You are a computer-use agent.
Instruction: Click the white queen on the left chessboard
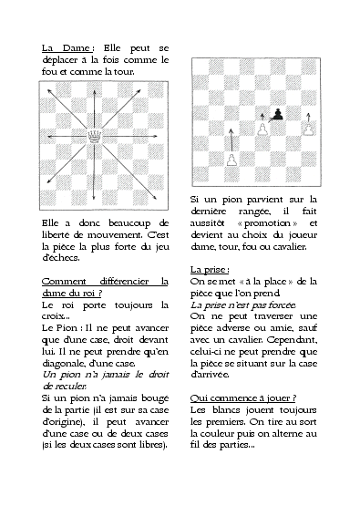(x=95, y=137)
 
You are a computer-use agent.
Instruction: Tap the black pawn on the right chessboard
(x=278, y=114)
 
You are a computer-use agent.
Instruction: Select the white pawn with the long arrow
(x=231, y=160)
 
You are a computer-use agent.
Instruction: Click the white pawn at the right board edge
(x=309, y=129)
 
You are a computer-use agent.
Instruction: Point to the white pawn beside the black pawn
(x=262, y=129)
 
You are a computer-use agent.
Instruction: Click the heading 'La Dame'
(x=67, y=48)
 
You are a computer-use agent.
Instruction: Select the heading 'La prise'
(x=209, y=270)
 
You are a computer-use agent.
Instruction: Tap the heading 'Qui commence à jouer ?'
(x=243, y=398)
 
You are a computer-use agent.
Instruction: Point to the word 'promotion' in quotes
(x=267, y=223)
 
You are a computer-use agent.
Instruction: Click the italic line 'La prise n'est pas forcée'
(x=242, y=305)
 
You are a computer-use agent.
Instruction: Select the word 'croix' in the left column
(x=53, y=316)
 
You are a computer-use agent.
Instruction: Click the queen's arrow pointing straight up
(x=95, y=109)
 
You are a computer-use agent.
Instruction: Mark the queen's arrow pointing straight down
(x=94, y=172)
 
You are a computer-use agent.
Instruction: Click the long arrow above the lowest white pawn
(x=231, y=140)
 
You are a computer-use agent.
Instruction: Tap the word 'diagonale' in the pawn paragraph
(x=61, y=364)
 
